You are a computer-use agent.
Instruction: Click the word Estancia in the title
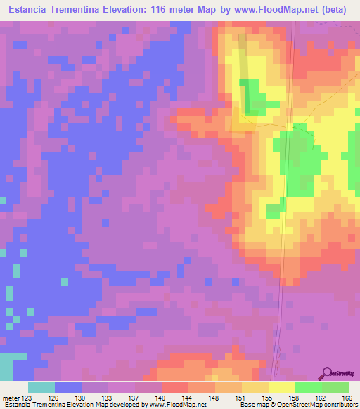[x=31, y=9]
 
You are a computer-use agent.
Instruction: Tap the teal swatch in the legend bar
[x=41, y=387]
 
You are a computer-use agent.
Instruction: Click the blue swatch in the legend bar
[x=68, y=387]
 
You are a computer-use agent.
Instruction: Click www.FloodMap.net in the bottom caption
[x=174, y=405]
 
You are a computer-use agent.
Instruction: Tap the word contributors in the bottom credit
[x=339, y=405]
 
